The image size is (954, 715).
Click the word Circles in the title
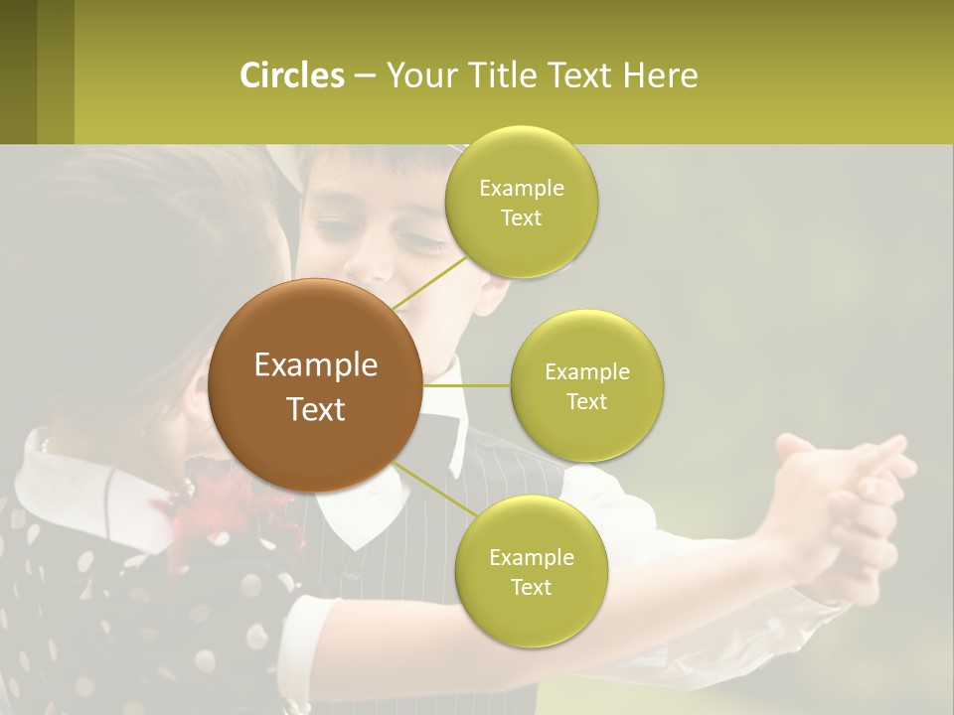(x=292, y=75)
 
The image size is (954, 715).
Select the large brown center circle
(x=315, y=385)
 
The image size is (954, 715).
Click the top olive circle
(x=521, y=202)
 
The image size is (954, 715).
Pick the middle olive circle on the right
(x=587, y=385)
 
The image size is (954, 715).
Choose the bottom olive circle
(x=531, y=571)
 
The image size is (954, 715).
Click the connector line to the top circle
(x=429, y=282)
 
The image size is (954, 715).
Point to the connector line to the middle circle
(x=467, y=385)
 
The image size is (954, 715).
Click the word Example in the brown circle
(x=316, y=365)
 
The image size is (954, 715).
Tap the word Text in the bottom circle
(x=531, y=587)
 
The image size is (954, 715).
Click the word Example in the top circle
(x=521, y=188)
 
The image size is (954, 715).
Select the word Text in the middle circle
(x=587, y=401)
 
